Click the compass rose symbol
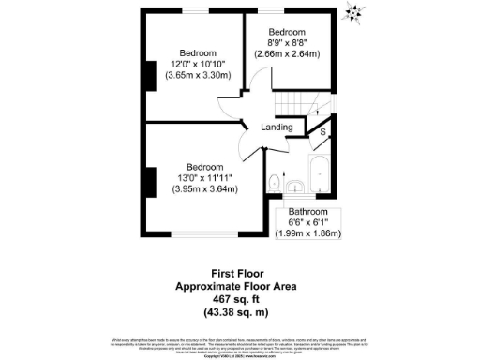coord(353,11)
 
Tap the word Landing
coord(277,127)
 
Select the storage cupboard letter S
coord(323,132)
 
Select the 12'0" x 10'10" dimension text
coord(198,64)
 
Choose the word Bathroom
coord(308,212)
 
